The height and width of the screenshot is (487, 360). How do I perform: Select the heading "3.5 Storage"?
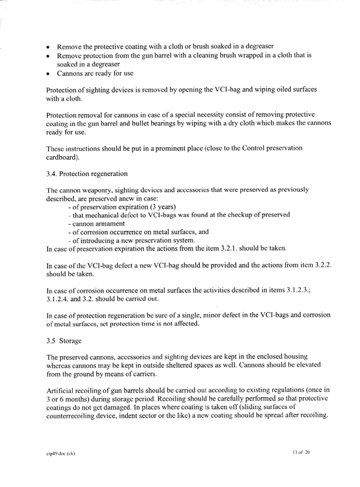[66, 339]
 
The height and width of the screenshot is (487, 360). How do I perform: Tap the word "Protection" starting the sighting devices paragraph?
[66, 89]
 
